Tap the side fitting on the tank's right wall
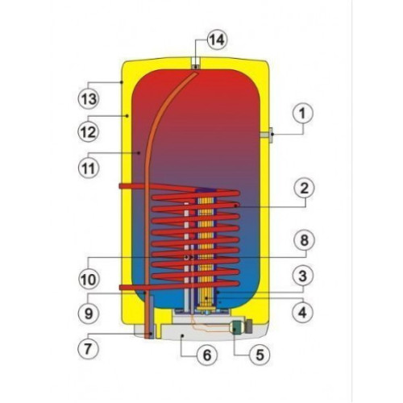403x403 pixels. coord(267,135)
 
